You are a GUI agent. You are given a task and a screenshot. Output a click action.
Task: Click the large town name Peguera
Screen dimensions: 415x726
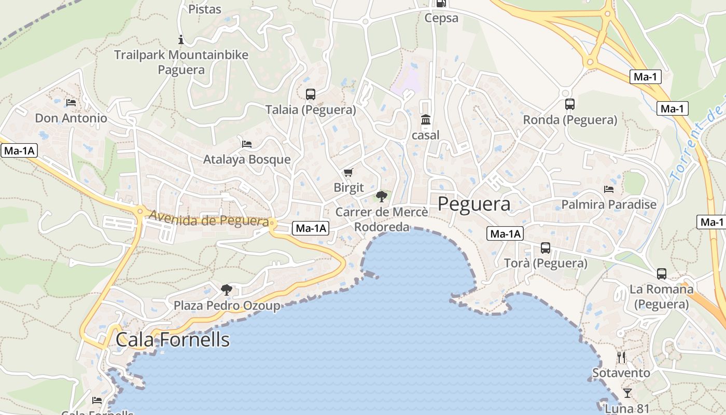pos(474,204)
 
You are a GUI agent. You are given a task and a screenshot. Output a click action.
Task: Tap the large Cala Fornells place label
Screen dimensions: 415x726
pos(173,339)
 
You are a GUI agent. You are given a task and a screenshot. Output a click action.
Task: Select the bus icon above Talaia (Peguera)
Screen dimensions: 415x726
pos(311,94)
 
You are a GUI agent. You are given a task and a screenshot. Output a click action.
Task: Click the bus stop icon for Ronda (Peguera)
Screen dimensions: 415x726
pos(569,104)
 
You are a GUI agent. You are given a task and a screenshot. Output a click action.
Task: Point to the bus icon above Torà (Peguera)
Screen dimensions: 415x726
pos(545,248)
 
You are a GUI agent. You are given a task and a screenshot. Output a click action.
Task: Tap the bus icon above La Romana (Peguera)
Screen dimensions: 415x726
pos(661,274)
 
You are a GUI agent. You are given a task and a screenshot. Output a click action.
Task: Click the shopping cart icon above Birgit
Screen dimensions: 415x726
pos(348,172)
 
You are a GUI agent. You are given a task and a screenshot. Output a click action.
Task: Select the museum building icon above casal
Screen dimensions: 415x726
pos(426,120)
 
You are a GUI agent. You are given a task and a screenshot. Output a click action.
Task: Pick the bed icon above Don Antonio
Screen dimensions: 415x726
pos(71,103)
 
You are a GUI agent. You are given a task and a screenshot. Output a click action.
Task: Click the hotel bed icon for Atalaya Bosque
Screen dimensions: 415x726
pos(247,144)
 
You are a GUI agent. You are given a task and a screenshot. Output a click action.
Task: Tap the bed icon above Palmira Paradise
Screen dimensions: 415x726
pos(609,189)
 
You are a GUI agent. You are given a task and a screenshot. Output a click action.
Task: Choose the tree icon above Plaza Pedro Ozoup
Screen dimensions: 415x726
pos(226,289)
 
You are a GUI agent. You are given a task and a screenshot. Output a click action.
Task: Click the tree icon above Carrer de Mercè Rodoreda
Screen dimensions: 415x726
pos(382,196)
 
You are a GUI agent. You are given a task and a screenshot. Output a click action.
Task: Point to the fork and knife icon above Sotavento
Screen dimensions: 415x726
pos(621,357)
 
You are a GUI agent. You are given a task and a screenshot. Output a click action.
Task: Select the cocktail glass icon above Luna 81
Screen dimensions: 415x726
pos(627,393)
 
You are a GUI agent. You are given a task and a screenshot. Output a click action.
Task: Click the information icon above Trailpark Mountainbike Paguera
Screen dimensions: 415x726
pos(181,39)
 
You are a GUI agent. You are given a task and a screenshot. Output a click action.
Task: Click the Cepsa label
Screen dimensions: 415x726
pos(441,18)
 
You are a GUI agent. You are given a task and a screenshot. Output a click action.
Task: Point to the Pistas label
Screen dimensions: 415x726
pos(205,9)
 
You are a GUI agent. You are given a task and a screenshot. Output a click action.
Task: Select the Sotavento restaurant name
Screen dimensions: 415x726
pos(621,373)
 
